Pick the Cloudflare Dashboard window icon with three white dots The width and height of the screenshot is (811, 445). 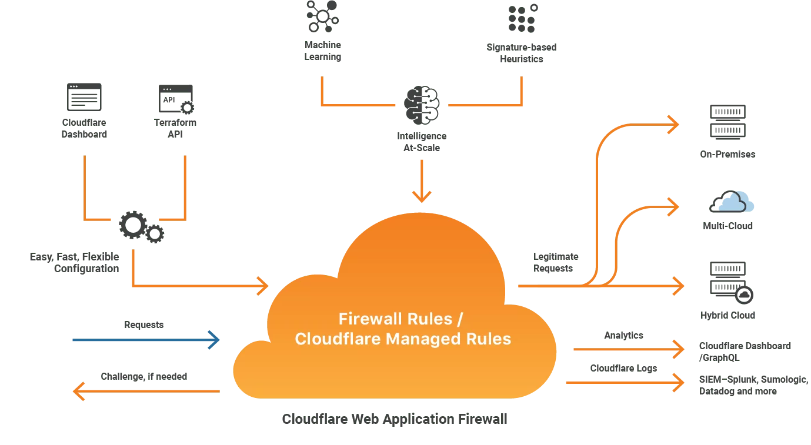click(x=84, y=97)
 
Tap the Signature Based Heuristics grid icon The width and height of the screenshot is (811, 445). click(x=522, y=17)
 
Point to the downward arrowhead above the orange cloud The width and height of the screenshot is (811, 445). click(x=421, y=196)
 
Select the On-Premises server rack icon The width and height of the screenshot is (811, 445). click(x=727, y=122)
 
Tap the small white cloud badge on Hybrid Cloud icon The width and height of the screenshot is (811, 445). click(x=744, y=295)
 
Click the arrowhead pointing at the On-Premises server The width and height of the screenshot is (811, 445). click(x=673, y=124)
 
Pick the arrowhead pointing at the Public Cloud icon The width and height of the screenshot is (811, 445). click(x=673, y=206)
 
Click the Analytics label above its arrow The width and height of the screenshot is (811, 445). click(x=623, y=334)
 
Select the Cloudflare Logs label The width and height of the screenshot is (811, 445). click(x=623, y=367)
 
